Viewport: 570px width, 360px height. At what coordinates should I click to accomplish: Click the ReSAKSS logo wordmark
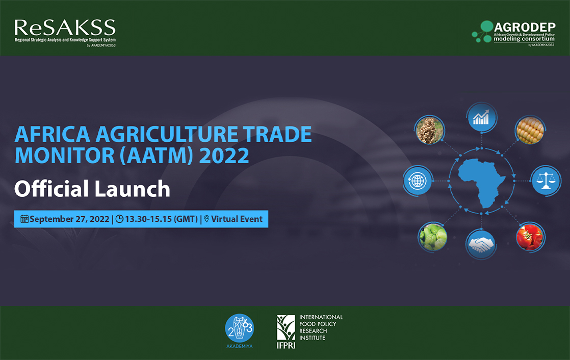click(x=65, y=28)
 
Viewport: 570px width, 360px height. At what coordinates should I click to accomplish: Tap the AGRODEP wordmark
click(x=525, y=27)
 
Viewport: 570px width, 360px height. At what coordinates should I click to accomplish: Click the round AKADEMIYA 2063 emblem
click(x=239, y=328)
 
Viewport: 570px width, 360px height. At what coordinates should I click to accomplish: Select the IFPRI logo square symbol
click(x=286, y=328)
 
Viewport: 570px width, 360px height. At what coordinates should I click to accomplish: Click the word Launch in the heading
click(x=133, y=189)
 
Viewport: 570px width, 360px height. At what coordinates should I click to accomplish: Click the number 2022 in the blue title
click(x=224, y=156)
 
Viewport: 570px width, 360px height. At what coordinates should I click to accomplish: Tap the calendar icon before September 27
click(x=24, y=219)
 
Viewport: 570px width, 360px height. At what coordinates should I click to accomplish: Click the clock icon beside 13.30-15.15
click(x=119, y=219)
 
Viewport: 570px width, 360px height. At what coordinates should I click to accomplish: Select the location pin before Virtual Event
click(x=206, y=219)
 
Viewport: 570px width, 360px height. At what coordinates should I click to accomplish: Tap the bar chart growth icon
click(x=481, y=117)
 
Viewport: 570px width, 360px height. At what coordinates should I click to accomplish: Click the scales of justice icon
click(x=546, y=181)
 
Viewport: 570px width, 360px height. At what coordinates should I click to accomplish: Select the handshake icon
click(x=481, y=244)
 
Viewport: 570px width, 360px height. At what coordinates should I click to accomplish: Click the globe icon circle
click(x=418, y=181)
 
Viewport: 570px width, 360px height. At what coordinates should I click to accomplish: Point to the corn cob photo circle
click(x=530, y=130)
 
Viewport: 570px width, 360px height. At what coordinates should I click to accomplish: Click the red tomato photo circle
click(x=530, y=237)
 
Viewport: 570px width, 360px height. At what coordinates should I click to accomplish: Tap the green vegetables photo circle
click(x=432, y=237)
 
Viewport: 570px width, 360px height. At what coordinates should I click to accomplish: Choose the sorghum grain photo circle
click(x=430, y=130)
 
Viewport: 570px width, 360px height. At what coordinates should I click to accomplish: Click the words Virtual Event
click(x=237, y=219)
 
